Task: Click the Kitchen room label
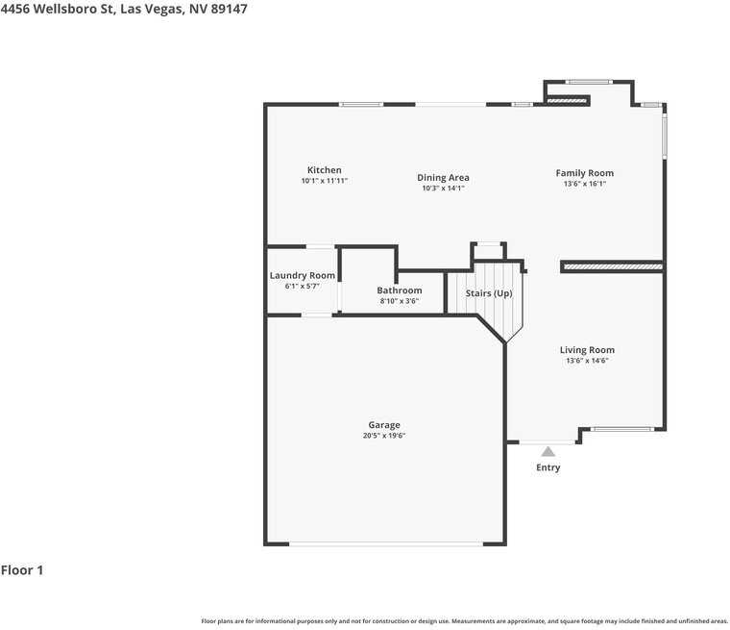[x=325, y=170]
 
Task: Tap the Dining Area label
[x=443, y=178]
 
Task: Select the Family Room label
[x=585, y=173]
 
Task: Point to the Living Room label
[x=587, y=350]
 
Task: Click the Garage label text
[x=384, y=425]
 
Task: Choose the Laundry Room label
[x=303, y=276]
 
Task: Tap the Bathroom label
[x=400, y=290]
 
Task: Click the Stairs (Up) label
[x=489, y=293]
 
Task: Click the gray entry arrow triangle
[x=547, y=451]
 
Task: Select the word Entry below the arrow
[x=547, y=467]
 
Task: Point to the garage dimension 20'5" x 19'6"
[x=384, y=436]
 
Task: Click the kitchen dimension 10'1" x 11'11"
[x=325, y=181]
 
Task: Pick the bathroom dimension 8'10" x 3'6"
[x=400, y=301]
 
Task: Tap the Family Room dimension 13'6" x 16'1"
[x=585, y=184]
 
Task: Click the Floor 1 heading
[x=22, y=570]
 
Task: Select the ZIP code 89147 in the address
[x=229, y=9]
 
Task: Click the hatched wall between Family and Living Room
[x=613, y=266]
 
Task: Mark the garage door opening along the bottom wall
[x=386, y=543]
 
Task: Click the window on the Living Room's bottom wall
[x=622, y=429]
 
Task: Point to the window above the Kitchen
[x=361, y=105]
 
